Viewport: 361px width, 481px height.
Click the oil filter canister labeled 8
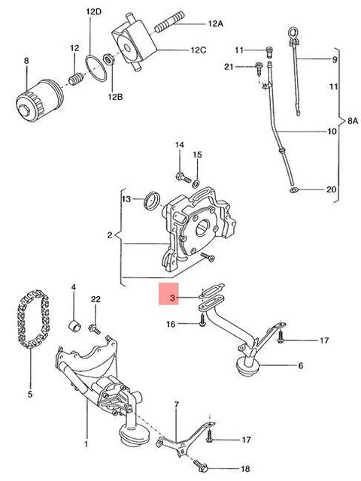[x=40, y=100]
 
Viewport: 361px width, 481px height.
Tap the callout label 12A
[x=215, y=23]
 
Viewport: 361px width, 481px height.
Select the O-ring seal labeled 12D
[x=96, y=68]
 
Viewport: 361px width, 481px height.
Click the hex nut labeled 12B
[x=109, y=59]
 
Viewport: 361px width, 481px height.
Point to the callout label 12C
[x=199, y=50]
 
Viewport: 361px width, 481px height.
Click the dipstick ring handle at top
[x=292, y=33]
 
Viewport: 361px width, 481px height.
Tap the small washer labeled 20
[x=294, y=190]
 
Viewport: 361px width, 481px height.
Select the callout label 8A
[x=353, y=121]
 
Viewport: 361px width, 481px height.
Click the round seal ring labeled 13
[x=152, y=201]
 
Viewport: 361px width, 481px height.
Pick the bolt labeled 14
[x=184, y=177]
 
